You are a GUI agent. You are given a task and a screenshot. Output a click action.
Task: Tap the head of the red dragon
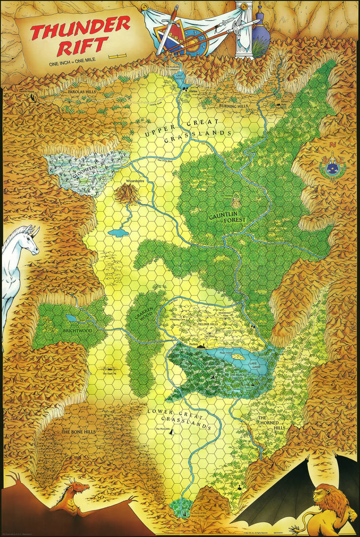[79, 488]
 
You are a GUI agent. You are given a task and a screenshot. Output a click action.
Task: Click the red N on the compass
[332, 145]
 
